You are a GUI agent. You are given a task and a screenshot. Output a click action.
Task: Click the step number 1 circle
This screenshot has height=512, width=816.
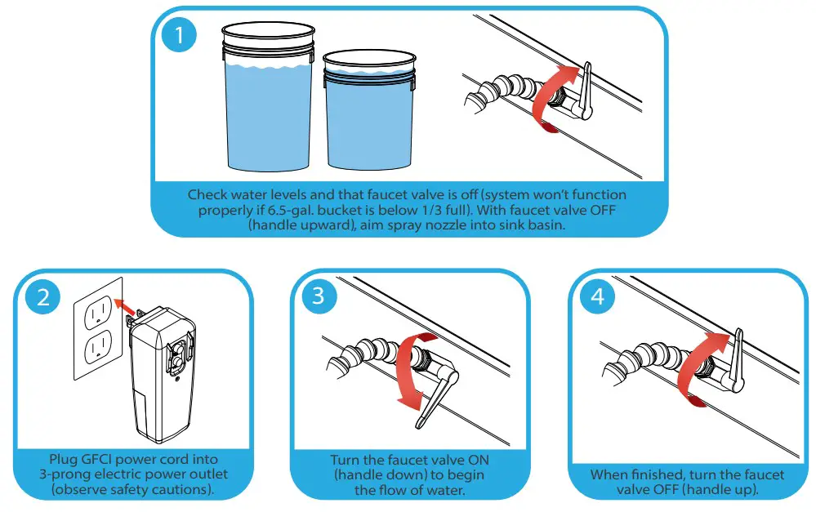click(179, 35)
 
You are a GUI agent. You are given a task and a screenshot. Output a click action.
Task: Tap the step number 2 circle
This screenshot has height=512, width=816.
click(43, 297)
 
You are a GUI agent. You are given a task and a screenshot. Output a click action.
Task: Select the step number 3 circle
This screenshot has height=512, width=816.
click(319, 296)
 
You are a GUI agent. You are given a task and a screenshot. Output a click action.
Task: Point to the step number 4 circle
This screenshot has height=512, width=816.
click(597, 296)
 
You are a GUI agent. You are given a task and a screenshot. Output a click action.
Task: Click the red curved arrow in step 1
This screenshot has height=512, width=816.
click(546, 99)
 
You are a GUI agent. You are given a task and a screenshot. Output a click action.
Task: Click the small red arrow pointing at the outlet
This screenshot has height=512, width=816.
click(124, 307)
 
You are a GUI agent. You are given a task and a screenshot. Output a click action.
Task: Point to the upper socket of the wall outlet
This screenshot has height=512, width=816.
click(98, 310)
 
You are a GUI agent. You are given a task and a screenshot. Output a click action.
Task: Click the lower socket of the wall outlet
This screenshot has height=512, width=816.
click(99, 347)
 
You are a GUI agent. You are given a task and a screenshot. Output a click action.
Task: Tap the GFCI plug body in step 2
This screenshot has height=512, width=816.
click(163, 375)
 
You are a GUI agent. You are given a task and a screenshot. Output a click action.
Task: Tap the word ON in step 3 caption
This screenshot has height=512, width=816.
click(479, 460)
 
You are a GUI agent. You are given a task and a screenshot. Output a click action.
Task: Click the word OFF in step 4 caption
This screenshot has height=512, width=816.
click(663, 490)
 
